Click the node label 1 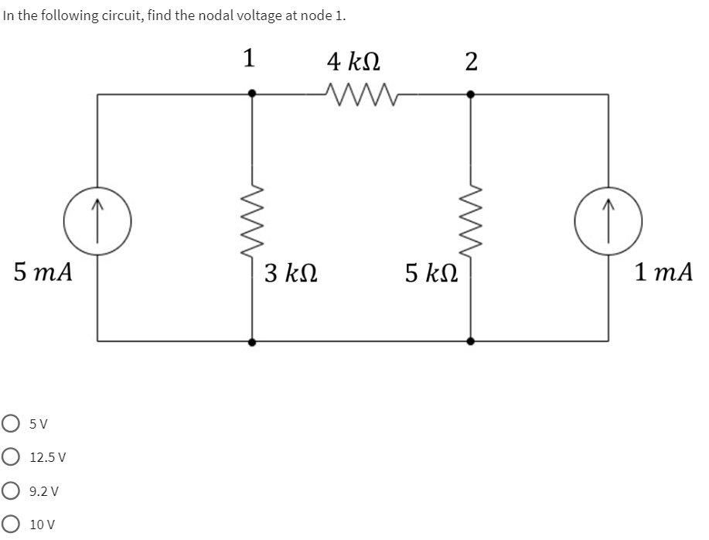250,59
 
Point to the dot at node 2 470,94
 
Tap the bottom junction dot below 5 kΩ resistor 470,340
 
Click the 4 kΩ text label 353,60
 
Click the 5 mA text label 43,272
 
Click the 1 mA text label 663,272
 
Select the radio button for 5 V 11,424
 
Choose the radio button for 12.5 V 11,457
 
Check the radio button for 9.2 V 11,490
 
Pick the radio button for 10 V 11,524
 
